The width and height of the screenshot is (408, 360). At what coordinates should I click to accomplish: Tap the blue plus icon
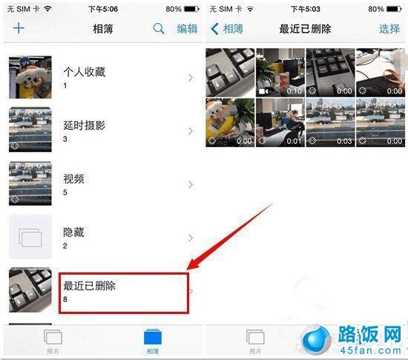[19, 29]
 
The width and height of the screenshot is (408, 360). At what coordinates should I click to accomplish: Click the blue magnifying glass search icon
[159, 29]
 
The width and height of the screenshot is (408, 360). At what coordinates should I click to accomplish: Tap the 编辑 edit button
[187, 29]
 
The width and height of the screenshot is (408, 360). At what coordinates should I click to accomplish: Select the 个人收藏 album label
[85, 71]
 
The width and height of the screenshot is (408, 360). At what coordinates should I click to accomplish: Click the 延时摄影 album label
[85, 125]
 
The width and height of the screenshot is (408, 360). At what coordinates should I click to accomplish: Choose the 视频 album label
[74, 178]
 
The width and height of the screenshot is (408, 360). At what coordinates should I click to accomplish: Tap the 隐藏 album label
[74, 232]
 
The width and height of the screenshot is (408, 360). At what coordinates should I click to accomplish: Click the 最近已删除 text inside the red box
[90, 285]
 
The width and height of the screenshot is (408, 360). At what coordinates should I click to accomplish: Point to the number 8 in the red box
[65, 300]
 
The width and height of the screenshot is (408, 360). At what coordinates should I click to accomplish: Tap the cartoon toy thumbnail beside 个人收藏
[30, 77]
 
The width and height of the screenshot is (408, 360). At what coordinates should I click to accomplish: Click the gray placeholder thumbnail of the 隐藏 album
[30, 238]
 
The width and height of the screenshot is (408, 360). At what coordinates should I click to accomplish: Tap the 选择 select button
[389, 29]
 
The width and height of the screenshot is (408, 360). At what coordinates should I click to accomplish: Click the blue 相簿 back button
[228, 29]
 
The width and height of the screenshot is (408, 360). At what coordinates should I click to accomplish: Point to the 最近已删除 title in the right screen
[305, 29]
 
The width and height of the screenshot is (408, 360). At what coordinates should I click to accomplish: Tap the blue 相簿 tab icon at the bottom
[153, 338]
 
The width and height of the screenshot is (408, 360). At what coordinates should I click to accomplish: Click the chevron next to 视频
[191, 184]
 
